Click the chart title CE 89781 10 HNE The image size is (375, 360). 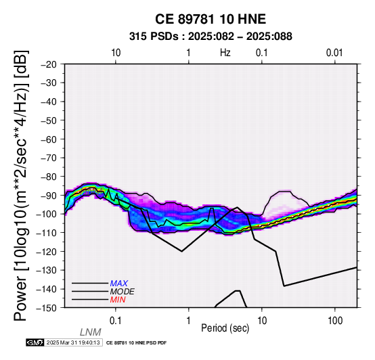click(211, 19)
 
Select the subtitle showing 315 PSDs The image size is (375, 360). click(211, 37)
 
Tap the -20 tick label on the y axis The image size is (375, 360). click(49, 64)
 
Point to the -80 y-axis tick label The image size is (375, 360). click(49, 177)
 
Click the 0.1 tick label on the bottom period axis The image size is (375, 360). click(116, 321)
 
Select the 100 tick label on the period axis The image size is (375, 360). click(335, 321)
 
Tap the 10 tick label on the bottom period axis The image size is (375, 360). click(262, 321)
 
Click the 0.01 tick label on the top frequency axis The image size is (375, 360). click(334, 53)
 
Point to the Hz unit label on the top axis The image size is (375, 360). click(225, 53)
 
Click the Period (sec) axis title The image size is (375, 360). click(225, 328)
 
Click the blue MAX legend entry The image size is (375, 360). click(119, 284)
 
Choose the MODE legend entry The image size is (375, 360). click(123, 292)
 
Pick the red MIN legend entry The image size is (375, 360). click(118, 300)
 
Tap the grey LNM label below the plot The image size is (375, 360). click(91, 332)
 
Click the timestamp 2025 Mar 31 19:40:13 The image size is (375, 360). click(73, 342)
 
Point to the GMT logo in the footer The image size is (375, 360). click(35, 342)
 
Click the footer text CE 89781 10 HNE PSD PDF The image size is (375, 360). click(136, 343)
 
